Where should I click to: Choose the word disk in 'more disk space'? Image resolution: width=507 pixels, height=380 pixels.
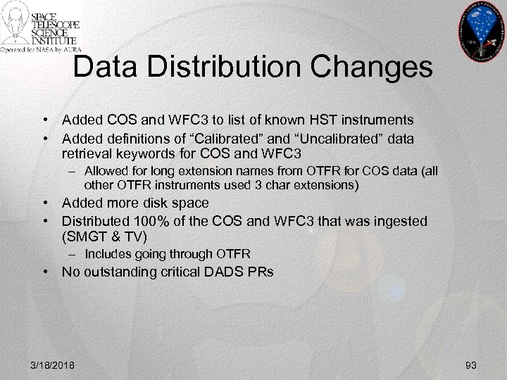click(x=151, y=203)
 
